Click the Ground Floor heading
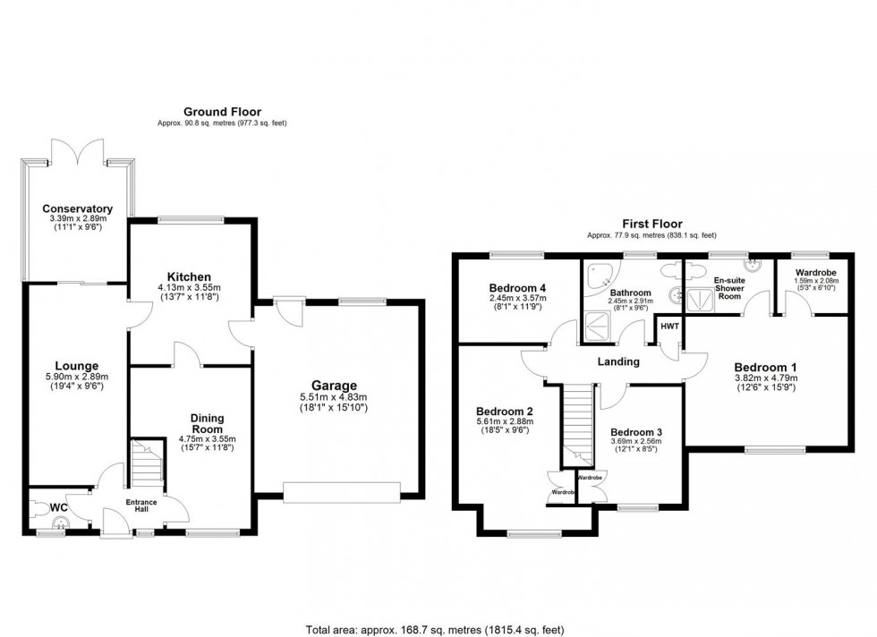click(223, 111)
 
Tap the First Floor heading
click(651, 224)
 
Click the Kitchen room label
click(188, 276)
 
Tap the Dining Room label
click(207, 423)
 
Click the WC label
click(59, 508)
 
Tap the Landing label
click(619, 361)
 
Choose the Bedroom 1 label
click(765, 367)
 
